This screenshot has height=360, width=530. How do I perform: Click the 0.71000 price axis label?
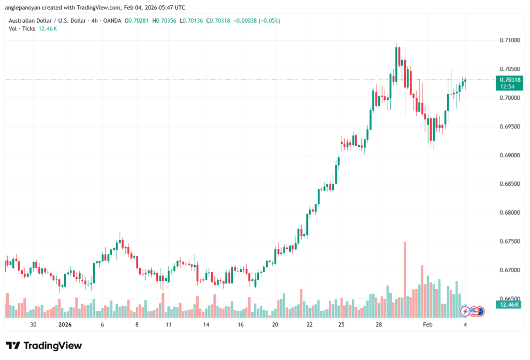click(x=510, y=40)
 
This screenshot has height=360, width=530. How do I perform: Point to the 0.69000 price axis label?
click(x=510, y=155)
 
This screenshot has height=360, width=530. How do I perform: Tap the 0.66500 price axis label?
click(x=510, y=298)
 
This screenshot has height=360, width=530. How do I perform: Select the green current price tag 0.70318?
click(x=509, y=80)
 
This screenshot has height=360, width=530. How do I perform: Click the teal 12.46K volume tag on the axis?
click(x=509, y=305)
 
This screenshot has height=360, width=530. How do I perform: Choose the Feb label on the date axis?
click(x=427, y=324)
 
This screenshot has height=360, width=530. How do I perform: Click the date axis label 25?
click(x=342, y=324)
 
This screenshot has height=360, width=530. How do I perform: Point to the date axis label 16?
click(x=241, y=324)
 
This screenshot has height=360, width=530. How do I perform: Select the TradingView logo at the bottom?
click(x=44, y=346)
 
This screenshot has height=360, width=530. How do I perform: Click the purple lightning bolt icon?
click(x=465, y=311)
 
